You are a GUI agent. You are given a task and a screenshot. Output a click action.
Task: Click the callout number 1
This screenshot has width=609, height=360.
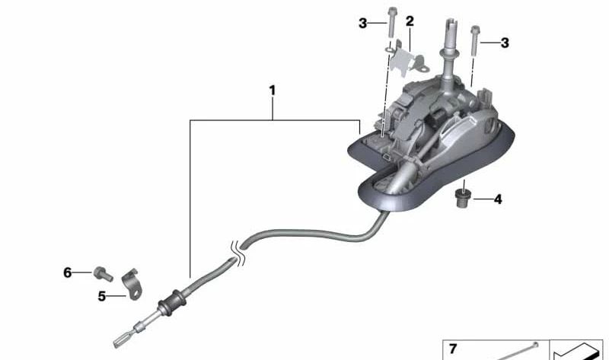pyautogui.click(x=273, y=91)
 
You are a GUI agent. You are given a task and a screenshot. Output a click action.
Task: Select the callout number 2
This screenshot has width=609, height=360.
pyautogui.click(x=410, y=21)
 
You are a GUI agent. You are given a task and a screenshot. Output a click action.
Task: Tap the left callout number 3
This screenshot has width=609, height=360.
pyautogui.click(x=362, y=24)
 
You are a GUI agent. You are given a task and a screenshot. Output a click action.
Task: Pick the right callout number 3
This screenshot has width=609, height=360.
pyautogui.click(x=505, y=43)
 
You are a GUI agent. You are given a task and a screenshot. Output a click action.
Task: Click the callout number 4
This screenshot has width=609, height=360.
pyautogui.click(x=498, y=199)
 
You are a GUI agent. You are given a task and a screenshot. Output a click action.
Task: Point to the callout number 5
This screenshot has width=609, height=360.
pyautogui.click(x=102, y=296)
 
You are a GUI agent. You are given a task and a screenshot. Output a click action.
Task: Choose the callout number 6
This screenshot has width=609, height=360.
pyautogui.click(x=68, y=272)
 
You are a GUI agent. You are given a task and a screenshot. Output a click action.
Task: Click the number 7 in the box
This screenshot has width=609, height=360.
pyautogui.click(x=453, y=349)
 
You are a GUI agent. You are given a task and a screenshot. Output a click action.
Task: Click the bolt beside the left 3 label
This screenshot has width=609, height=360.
pyautogui.click(x=391, y=22)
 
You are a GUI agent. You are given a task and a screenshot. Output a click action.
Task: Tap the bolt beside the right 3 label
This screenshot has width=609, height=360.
pyautogui.click(x=474, y=40)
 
